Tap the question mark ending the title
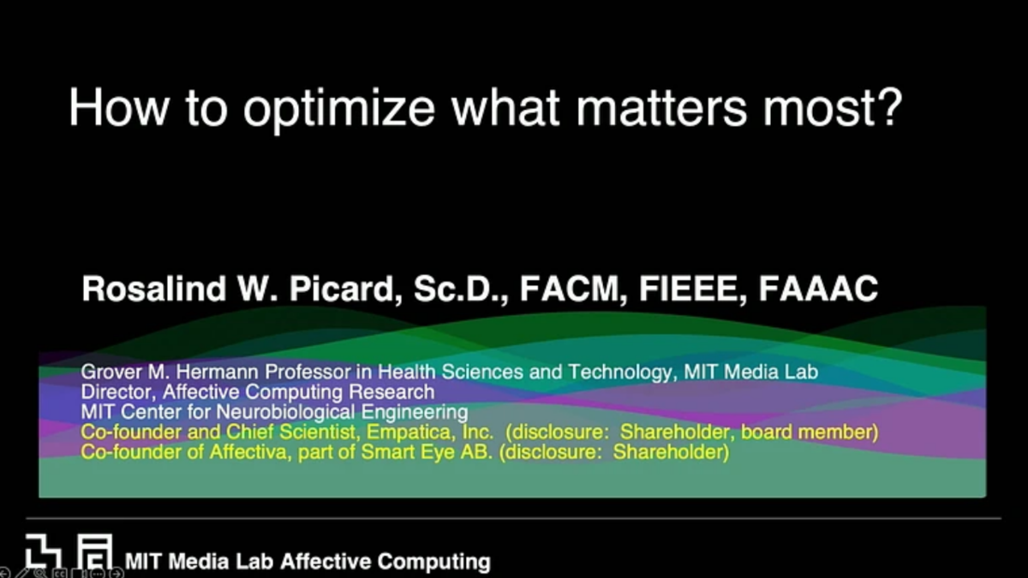click(890, 106)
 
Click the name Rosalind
click(154, 289)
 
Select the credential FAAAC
click(818, 289)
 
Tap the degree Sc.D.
click(461, 289)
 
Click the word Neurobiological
click(284, 412)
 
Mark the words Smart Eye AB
click(427, 453)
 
